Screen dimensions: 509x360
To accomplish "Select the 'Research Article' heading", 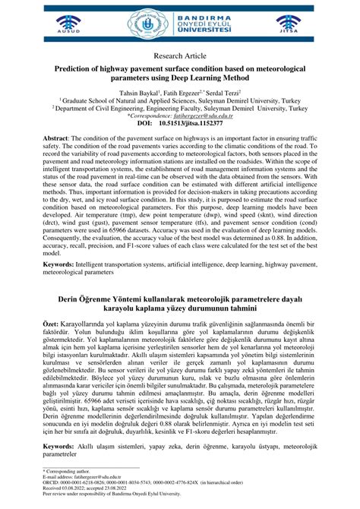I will coord(179,55).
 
